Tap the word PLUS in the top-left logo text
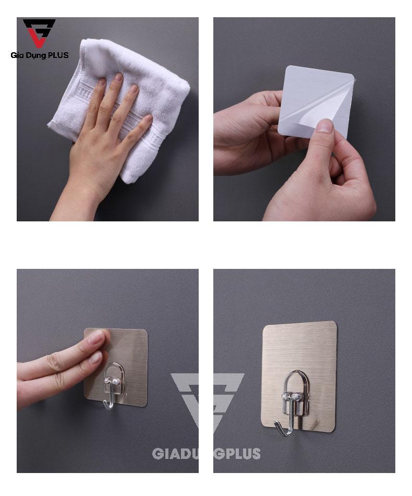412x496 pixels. tap(58, 55)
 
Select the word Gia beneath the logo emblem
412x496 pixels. tap(18, 55)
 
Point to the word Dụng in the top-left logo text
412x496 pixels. tap(37, 55)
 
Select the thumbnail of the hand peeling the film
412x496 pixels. tap(324, 126)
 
